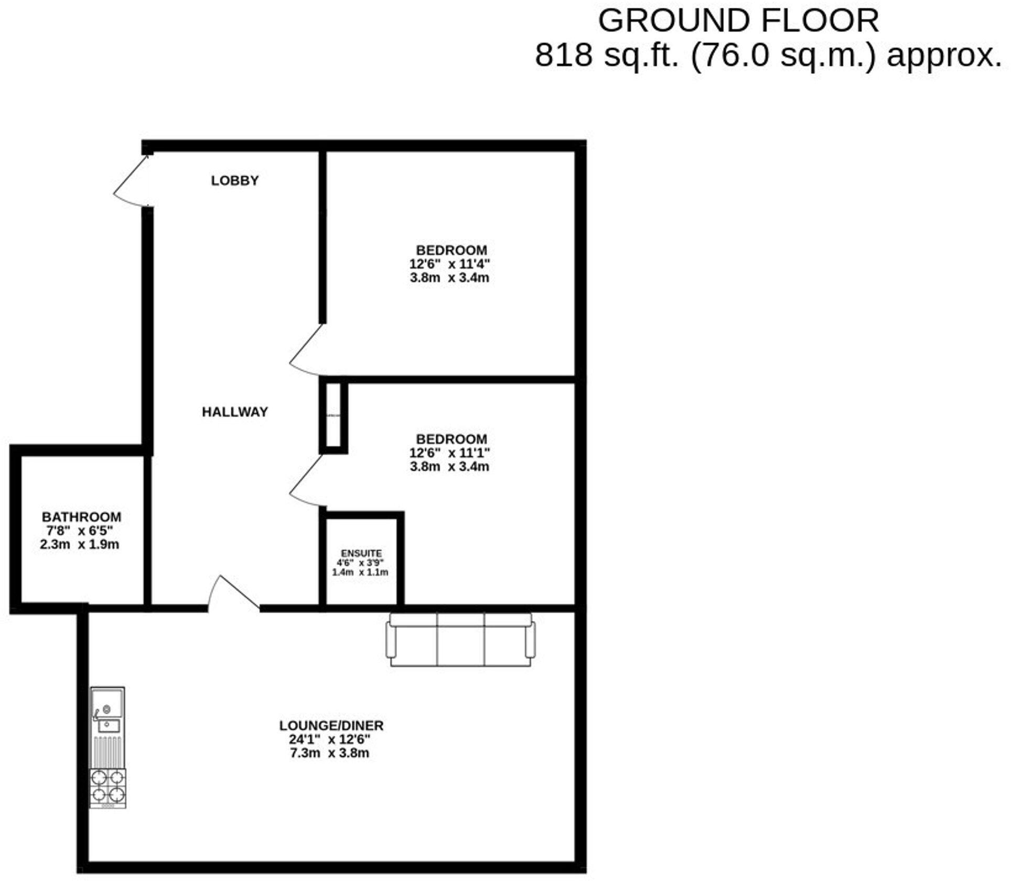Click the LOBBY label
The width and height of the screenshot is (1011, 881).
tap(235, 180)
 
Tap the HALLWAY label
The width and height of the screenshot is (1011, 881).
tap(235, 412)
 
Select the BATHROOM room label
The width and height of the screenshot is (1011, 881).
tap(81, 517)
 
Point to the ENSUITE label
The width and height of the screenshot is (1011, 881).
tap(361, 553)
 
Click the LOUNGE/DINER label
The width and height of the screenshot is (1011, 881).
tap(331, 725)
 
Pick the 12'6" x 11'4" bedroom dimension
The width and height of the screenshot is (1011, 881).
tap(450, 264)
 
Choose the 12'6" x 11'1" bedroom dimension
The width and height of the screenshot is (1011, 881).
tap(450, 453)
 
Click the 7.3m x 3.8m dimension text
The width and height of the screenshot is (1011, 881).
tap(329, 753)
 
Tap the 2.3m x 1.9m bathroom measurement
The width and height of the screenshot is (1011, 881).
tap(80, 544)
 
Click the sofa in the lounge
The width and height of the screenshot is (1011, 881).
tap(460, 639)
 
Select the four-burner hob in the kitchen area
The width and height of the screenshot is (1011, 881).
tap(108, 788)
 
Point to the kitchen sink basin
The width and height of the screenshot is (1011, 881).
tap(107, 701)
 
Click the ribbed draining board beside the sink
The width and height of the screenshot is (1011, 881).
tap(107, 752)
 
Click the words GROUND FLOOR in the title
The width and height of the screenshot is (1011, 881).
tap(738, 21)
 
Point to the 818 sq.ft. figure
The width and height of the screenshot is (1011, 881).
tap(607, 55)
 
